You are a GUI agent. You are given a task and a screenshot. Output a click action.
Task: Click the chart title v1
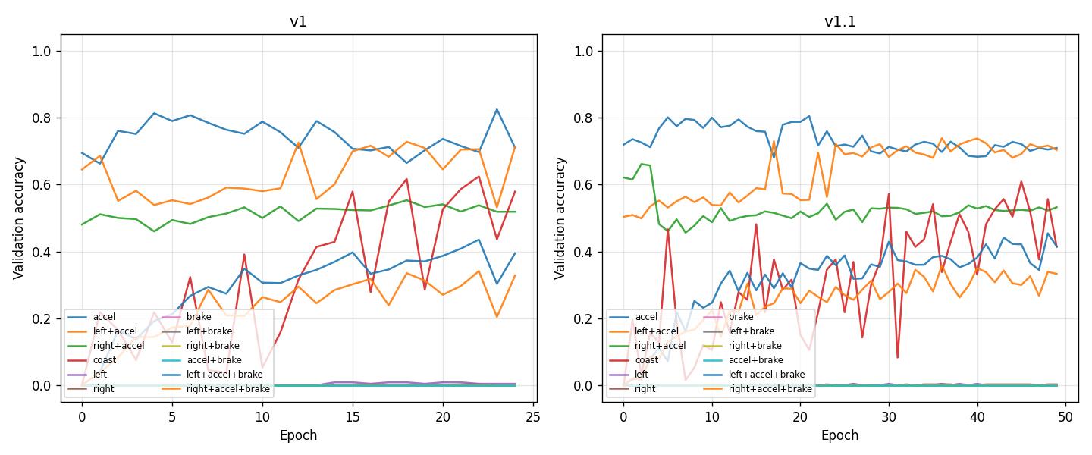298,21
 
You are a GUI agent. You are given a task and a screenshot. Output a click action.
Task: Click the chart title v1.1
839,21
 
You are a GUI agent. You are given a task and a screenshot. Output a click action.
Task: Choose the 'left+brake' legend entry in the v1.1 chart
751,331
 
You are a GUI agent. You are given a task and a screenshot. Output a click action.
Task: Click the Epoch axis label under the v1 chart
298,435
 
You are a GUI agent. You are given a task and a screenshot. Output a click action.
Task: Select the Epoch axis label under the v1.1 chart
839,435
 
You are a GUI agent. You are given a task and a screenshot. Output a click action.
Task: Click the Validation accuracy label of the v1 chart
20,218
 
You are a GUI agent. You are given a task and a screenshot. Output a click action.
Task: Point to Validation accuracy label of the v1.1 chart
561,218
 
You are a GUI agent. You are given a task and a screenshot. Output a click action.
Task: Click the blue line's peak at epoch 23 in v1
497,109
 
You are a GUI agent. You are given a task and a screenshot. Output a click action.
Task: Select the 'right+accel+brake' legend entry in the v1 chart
228,389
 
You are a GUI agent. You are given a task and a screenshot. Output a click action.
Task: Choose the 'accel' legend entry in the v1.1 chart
646,317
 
